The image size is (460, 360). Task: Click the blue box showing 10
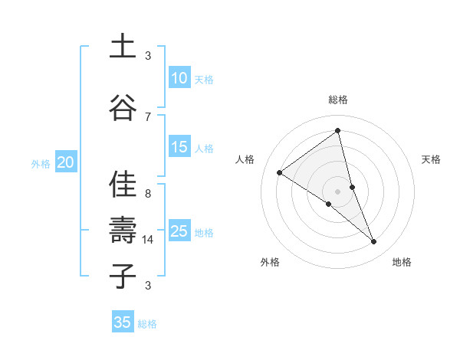coord(179,78)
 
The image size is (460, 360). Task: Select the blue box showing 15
coord(179,147)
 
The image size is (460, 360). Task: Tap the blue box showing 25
coord(179,231)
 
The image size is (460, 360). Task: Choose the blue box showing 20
coord(66,162)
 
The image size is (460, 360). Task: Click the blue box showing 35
coord(123,322)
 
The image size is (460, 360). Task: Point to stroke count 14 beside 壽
coord(148,240)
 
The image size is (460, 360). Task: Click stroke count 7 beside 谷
coord(148,116)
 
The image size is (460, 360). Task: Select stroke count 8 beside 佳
coord(148,194)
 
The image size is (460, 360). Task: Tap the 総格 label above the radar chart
coord(337,100)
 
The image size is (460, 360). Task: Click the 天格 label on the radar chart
coord(431,159)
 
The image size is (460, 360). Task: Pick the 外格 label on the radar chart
coord(270,263)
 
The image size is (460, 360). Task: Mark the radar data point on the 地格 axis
coord(374,242)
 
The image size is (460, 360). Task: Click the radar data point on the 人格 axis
coord(280,172)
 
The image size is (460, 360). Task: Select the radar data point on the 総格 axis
coord(337,131)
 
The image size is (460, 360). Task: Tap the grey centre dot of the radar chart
coord(337,191)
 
